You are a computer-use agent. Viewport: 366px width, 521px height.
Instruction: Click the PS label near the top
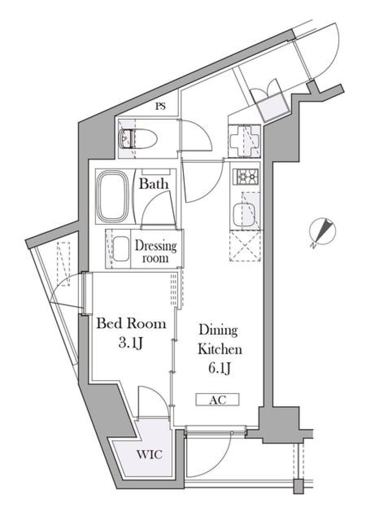point(161,107)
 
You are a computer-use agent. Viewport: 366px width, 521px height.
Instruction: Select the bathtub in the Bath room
point(112,196)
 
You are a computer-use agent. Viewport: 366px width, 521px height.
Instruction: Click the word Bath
point(153,184)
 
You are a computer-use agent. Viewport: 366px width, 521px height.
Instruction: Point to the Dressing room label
point(156,251)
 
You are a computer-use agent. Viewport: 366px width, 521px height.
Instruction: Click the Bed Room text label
point(131,324)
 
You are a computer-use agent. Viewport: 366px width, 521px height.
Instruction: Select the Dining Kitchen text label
point(219,339)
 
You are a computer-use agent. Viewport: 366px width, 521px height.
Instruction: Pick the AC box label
point(218,400)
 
